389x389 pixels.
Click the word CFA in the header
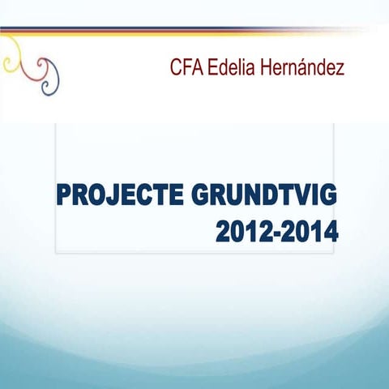tap(186, 67)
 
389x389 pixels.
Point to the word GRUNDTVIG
tap(264, 197)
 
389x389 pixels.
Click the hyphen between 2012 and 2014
tap(277, 234)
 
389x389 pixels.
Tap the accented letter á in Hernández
tap(308, 67)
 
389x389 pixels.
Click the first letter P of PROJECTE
tap(66, 197)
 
